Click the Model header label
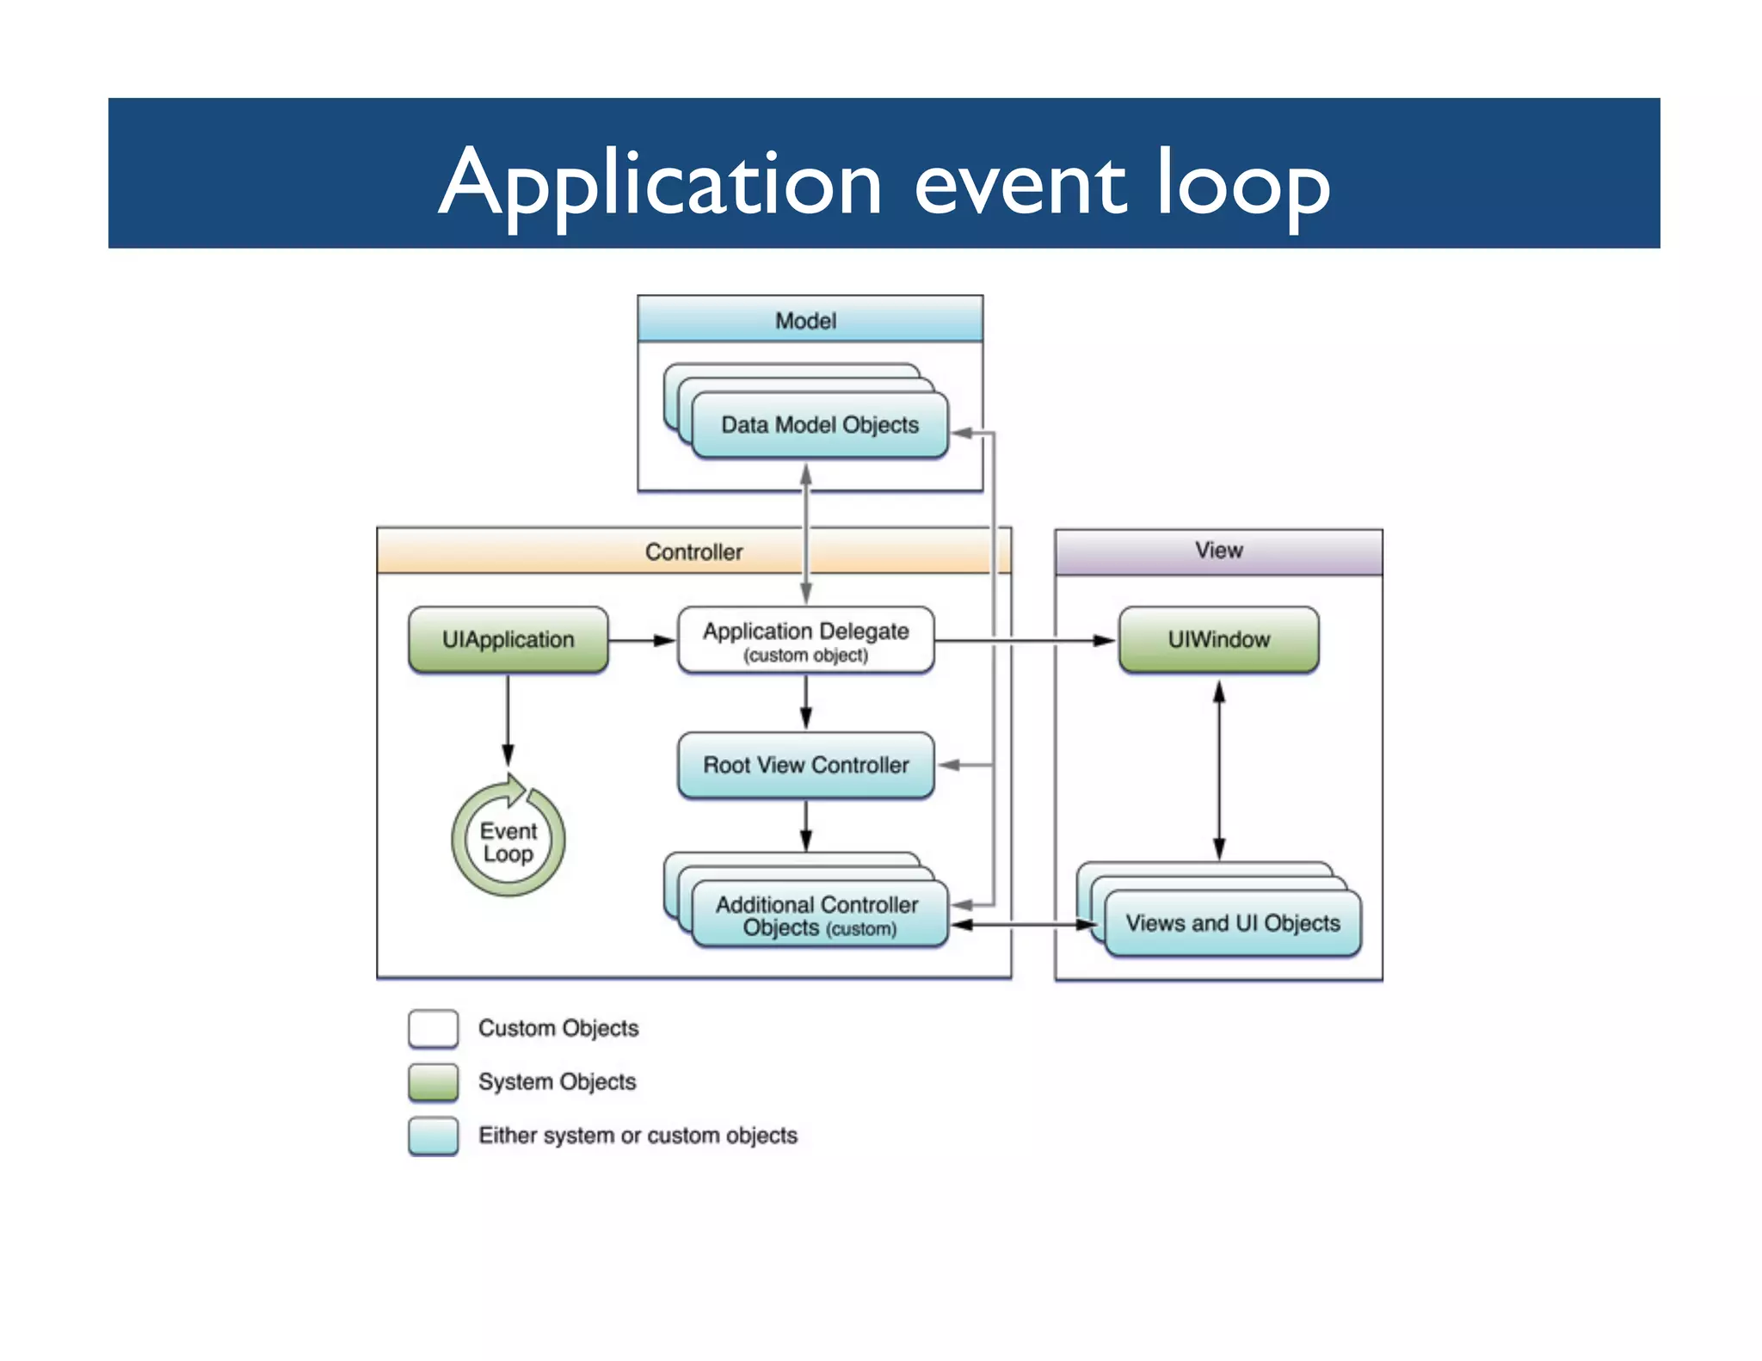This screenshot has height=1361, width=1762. pos(805,321)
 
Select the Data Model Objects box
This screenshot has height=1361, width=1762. pos(819,425)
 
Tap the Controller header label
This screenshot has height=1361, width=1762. pos(693,551)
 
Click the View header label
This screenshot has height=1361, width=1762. pos(1217,551)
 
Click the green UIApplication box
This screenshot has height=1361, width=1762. pos(508,640)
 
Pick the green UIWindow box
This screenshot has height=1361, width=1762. pos(1217,640)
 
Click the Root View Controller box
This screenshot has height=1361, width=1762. pos(805,765)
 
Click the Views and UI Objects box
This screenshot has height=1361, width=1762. pos(1232,923)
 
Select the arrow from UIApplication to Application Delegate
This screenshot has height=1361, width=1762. pos(642,641)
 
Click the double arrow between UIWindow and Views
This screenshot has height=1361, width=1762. pos(1218,770)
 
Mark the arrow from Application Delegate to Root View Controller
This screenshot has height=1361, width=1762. pos(805,702)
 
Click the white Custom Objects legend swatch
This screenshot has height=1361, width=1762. pos(433,1029)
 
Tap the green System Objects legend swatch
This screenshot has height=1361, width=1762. pos(433,1082)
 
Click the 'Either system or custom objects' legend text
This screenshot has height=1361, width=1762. pos(638,1136)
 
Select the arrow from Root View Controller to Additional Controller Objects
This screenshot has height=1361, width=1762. pos(805,826)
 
